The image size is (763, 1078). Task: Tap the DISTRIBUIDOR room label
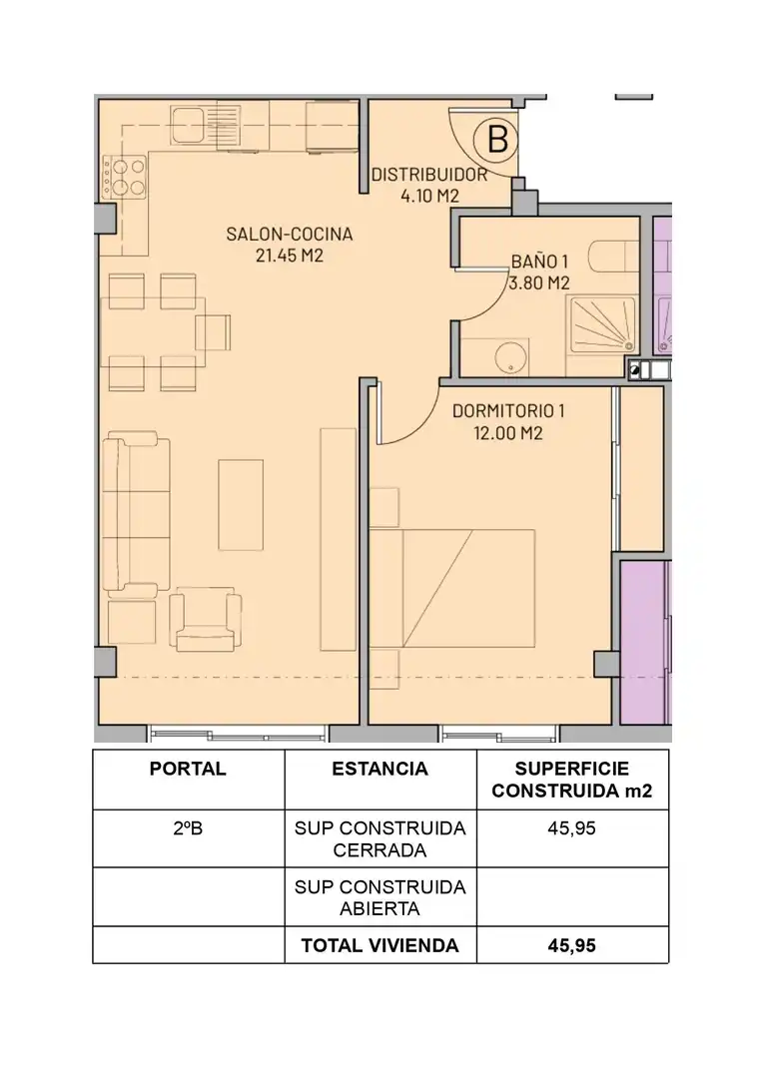tap(429, 175)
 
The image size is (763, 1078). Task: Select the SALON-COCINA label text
tap(289, 234)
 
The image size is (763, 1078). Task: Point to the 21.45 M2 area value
tap(289, 256)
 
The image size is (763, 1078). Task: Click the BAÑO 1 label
tap(539, 262)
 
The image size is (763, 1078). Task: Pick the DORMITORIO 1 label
tap(507, 411)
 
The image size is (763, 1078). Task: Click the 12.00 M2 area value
tap(507, 433)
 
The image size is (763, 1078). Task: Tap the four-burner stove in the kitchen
tap(125, 177)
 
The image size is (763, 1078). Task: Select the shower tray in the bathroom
tap(602, 323)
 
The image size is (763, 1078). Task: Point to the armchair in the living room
tap(206, 619)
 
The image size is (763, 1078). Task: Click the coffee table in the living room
tap(241, 505)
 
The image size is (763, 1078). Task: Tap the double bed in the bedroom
tap(452, 588)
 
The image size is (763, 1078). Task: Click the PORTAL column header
tap(188, 769)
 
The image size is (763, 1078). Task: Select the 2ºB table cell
tap(188, 828)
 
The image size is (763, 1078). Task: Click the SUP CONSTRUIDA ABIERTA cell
tap(380, 898)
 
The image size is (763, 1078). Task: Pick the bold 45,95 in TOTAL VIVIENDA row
tap(571, 946)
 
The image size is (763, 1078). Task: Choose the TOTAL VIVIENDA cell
tap(380, 946)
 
